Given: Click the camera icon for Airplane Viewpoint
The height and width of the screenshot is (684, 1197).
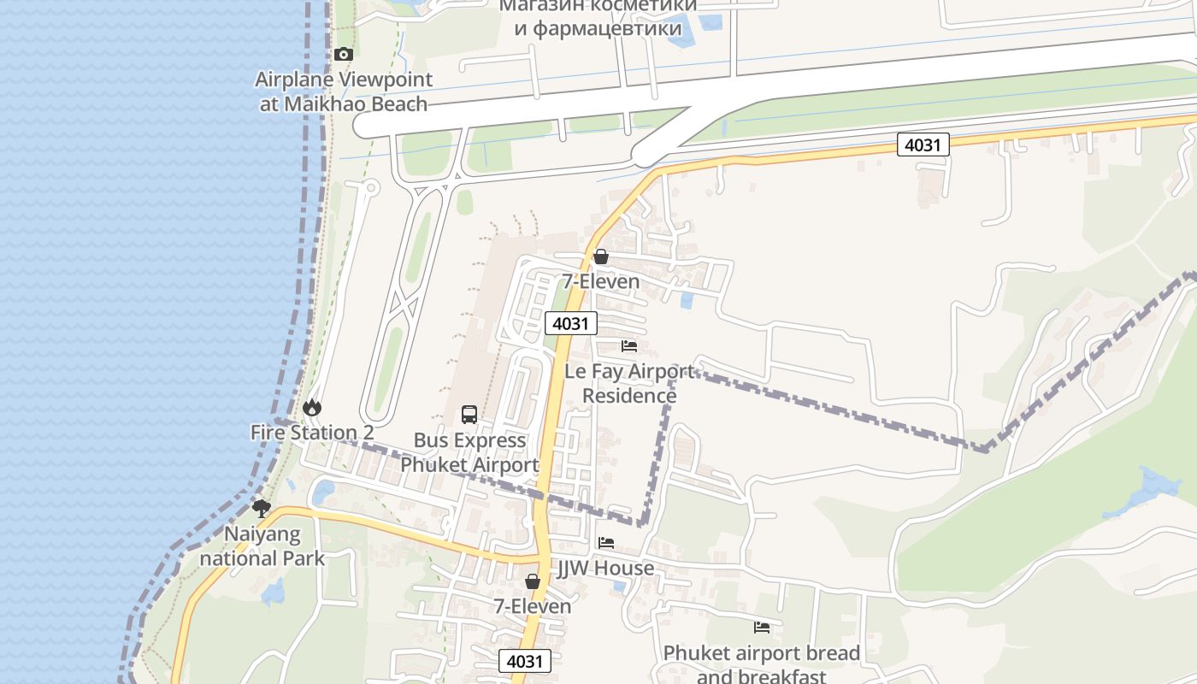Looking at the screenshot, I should tap(343, 54).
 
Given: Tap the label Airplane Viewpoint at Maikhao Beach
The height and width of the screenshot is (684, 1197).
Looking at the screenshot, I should tap(344, 91).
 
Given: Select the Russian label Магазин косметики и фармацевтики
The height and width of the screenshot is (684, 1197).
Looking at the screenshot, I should tap(598, 17).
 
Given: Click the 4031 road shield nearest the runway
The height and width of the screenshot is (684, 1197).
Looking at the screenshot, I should tap(923, 144).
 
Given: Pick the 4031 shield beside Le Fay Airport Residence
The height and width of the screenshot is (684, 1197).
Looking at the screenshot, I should tap(570, 323).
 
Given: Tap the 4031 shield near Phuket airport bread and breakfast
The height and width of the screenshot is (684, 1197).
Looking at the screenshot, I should tap(524, 661).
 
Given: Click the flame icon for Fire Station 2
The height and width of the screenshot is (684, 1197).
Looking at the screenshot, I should tap(312, 407).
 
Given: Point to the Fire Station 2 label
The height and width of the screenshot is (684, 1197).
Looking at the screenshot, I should tap(312, 433).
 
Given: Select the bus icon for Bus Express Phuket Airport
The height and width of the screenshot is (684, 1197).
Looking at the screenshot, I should tap(469, 415).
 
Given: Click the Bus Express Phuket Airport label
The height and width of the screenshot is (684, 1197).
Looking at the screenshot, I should tap(469, 453).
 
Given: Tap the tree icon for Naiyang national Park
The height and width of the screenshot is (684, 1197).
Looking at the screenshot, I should tap(262, 509).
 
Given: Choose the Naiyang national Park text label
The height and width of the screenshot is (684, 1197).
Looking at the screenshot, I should tap(262, 546).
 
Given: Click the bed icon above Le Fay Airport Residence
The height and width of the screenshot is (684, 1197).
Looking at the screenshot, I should tap(629, 346).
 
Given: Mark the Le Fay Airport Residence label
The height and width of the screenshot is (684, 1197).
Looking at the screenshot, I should tap(630, 384).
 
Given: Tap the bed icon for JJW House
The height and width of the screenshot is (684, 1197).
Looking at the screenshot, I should tap(606, 543).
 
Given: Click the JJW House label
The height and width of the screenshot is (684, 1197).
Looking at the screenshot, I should tap(606, 569).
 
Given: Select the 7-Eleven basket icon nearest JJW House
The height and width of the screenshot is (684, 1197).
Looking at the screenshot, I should tap(533, 581).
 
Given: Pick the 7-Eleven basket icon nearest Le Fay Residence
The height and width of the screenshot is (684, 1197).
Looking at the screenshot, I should tap(601, 256).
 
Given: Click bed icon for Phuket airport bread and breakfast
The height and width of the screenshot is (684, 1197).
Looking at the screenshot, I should tap(762, 628).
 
